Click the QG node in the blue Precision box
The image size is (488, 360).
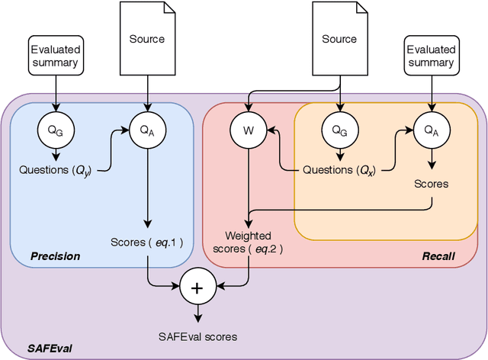tap(55, 130)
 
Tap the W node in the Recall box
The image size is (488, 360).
tap(247, 130)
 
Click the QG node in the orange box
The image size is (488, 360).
tap(339, 130)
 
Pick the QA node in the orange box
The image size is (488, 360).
tap(432, 130)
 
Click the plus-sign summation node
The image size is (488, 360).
tap(197, 288)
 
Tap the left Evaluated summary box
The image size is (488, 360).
tap(55, 55)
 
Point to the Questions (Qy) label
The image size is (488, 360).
tap(55, 169)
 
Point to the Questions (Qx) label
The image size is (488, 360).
tap(339, 169)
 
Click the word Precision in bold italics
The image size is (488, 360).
tap(55, 256)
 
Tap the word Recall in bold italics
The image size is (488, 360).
tap(438, 256)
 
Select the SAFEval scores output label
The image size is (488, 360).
tap(197, 336)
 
